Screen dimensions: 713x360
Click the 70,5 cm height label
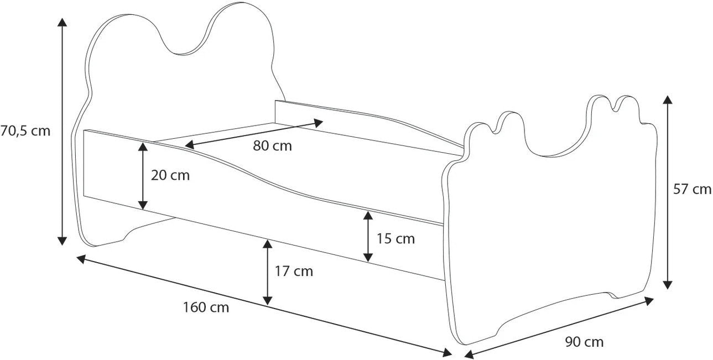coord(25,131)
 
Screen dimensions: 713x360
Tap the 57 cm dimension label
coord(692,189)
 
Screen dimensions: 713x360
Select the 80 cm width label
coord(273,146)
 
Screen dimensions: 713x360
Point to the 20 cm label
coord(170,175)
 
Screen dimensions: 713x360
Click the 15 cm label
coord(395,239)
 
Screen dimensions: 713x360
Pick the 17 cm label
coord(294,271)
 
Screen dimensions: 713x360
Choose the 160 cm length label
coord(206,307)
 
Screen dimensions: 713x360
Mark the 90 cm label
coord(585,342)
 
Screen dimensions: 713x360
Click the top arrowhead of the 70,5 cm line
coord(62,22)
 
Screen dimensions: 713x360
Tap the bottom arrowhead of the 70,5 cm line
coord(62,241)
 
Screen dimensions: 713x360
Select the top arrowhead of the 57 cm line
coord(668,100)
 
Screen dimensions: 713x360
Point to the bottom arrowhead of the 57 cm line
coord(668,285)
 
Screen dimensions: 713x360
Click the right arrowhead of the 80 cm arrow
coord(319,123)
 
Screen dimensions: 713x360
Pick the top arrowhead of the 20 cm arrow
coord(143,147)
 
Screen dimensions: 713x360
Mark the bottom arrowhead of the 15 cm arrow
coord(368,258)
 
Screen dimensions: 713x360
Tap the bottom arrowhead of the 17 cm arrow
coord(268,300)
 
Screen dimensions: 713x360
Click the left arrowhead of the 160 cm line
coord(81,259)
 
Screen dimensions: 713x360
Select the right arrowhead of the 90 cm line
coord(649,301)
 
